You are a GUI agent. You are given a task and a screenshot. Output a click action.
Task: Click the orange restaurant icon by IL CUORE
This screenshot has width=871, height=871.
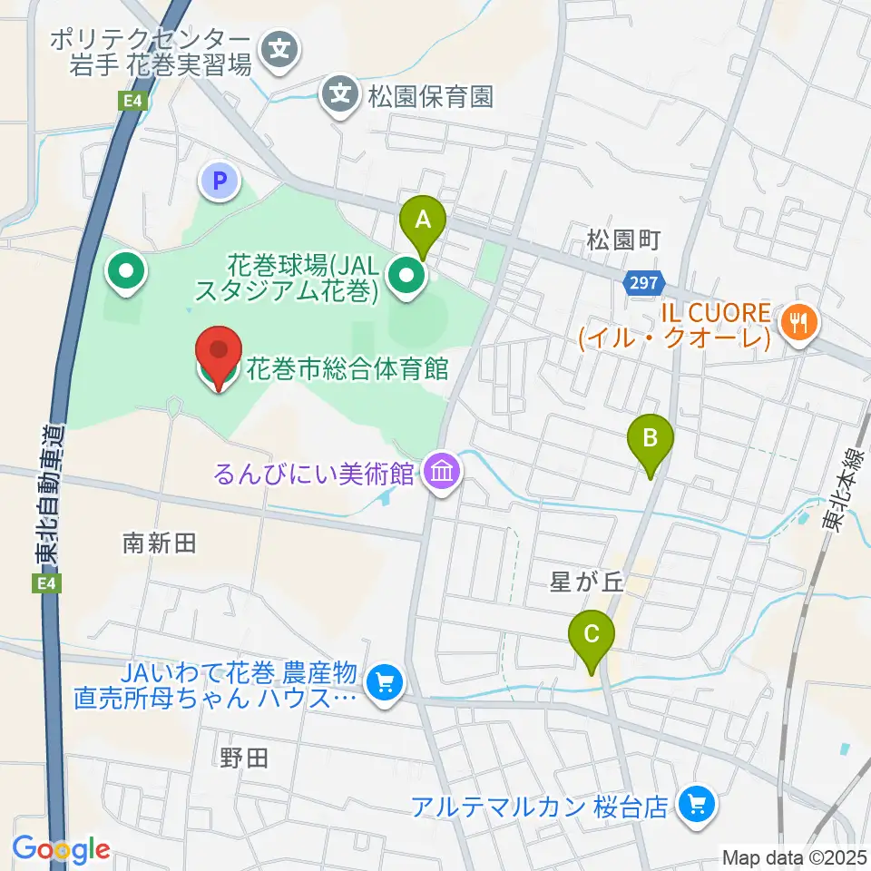798,321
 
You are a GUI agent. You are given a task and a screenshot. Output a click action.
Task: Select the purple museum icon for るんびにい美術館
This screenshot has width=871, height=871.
443,473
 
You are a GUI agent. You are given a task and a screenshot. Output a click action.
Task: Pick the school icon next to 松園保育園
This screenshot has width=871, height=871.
340,93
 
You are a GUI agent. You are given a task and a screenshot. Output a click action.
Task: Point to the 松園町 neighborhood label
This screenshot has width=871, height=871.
622,240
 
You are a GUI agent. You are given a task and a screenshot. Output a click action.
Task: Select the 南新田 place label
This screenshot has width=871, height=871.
160,544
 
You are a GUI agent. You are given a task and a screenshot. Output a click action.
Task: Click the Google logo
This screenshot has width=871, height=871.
60,849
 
